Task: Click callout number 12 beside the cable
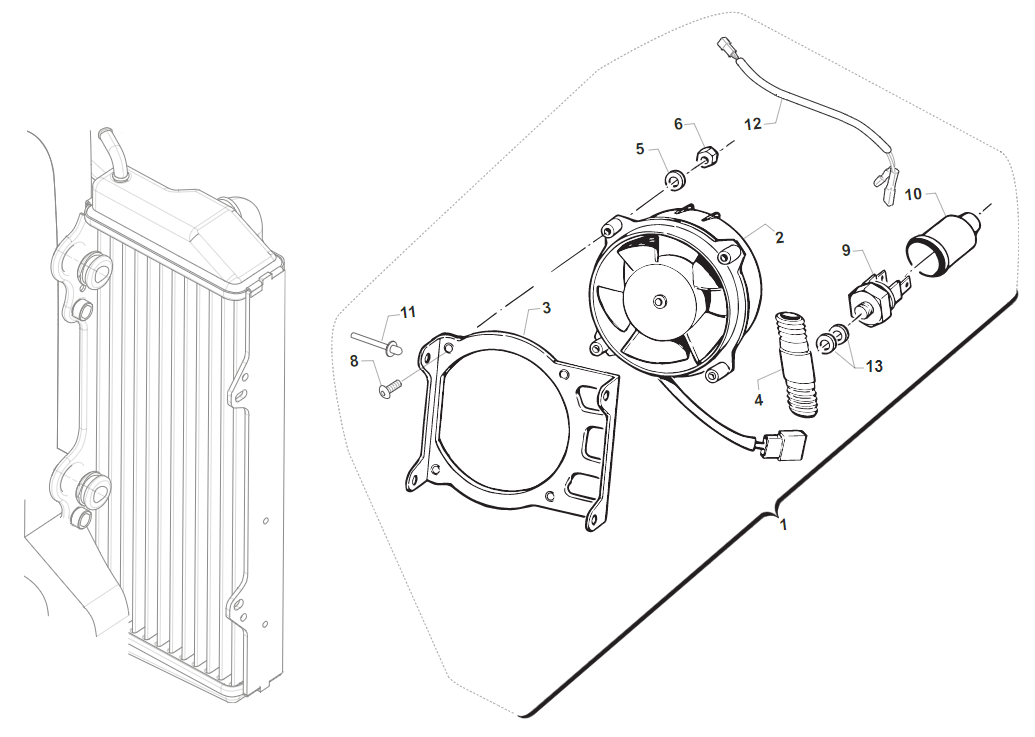[752, 124]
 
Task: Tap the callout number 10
[913, 193]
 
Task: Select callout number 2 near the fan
[779, 237]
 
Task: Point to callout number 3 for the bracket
[546, 308]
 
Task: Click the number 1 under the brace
[783, 524]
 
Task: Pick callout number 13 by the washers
[874, 366]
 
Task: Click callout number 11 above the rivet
[407, 312]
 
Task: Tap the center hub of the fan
[660, 301]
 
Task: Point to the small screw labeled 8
[389, 388]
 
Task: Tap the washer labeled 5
[675, 180]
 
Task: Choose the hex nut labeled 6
[707, 157]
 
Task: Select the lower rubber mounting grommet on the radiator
[92, 489]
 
